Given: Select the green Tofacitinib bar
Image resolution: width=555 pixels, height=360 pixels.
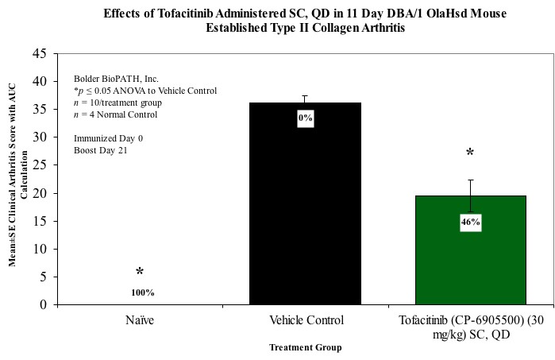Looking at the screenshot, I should click(470, 262).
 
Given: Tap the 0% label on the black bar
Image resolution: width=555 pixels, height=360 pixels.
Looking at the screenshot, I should click(305, 118).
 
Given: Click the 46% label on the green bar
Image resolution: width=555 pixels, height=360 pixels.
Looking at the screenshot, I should click(470, 223).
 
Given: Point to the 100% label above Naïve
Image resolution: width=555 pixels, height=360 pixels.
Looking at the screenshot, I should click(142, 292).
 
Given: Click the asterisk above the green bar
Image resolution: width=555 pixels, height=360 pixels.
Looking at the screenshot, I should click(470, 153).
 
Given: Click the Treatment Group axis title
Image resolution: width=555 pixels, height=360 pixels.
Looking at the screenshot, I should click(305, 346).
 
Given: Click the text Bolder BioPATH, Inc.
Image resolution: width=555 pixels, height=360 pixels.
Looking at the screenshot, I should click(116, 79).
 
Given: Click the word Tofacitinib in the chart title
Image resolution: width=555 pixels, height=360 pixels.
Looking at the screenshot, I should click(216, 14).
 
